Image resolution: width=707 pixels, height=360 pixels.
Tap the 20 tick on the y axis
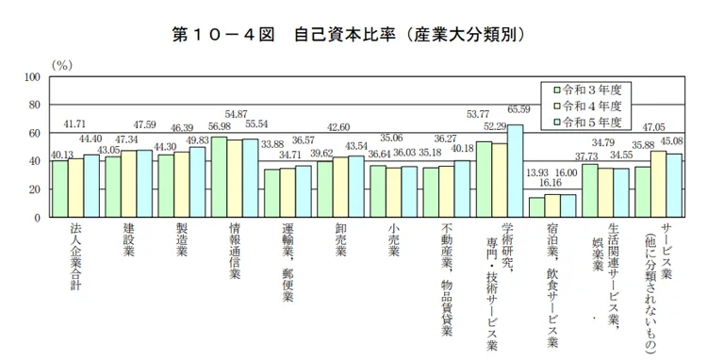[x=34, y=189]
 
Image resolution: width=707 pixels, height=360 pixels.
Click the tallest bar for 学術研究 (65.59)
[x=515, y=172]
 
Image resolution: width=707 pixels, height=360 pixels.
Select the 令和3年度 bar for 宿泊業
[x=536, y=207]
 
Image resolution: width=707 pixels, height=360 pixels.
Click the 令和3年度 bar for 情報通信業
[x=219, y=177]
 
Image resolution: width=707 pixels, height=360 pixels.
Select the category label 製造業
[x=181, y=243]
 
